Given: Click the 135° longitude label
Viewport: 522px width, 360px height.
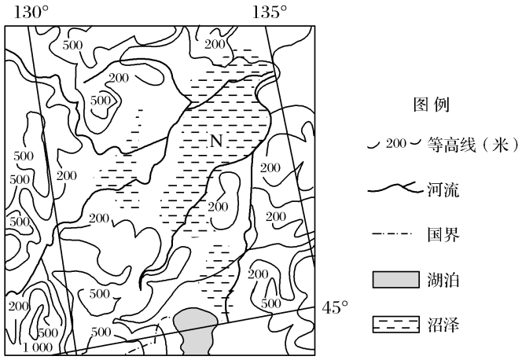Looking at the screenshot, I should click(269, 12).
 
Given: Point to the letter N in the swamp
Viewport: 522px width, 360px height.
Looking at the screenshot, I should click(215, 141).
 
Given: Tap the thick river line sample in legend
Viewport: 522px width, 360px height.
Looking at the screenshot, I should click(395, 189).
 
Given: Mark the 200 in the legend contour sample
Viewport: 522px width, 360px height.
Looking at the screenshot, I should click(395, 144).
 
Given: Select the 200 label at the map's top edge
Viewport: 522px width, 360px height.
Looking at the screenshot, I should click(214, 44).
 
